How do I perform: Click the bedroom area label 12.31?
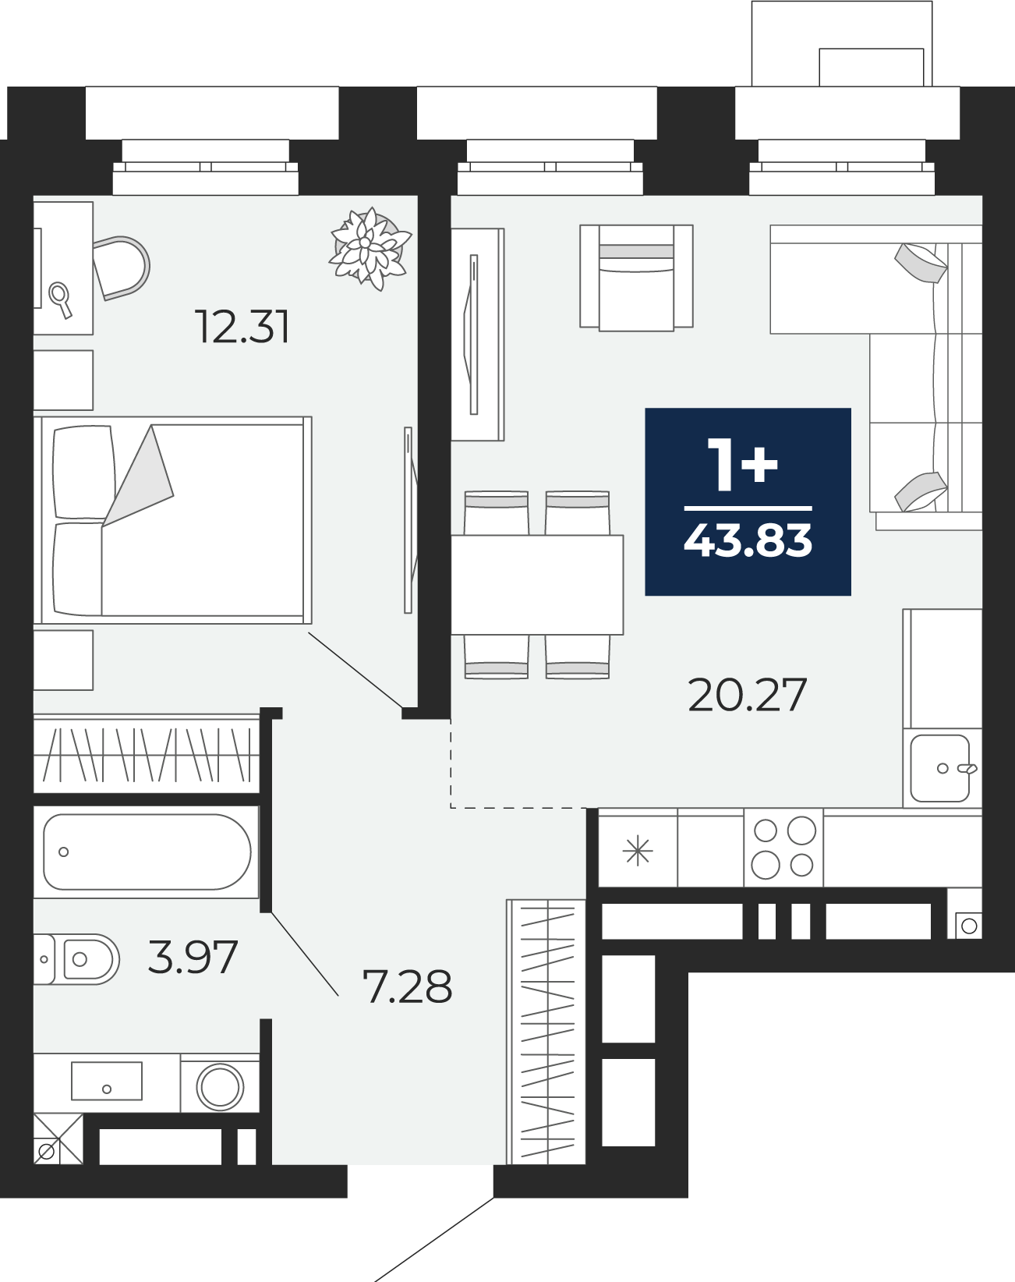242,327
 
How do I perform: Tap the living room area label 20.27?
747,695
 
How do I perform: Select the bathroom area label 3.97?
193,957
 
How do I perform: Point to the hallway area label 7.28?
408,986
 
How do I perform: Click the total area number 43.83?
748,540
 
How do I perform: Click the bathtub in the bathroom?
147,852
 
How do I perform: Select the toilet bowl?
76,959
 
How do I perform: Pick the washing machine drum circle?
221,1086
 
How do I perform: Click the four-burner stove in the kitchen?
783,848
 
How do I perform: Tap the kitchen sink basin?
940,768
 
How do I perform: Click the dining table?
536,584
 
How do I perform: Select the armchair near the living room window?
636,277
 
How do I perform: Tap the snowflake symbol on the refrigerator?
638,850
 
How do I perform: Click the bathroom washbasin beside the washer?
107,1081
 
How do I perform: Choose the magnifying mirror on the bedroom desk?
60,299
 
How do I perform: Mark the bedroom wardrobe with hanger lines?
146,753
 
